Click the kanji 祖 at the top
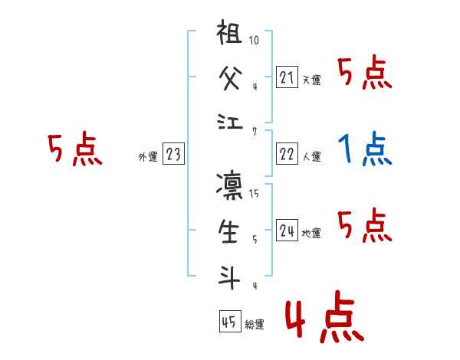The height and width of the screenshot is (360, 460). tap(230, 35)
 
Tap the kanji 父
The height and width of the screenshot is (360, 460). tap(230, 78)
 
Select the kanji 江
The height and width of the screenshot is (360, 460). tap(230, 121)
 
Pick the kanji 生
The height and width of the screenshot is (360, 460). tap(230, 231)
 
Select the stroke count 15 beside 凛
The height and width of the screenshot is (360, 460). tap(255, 194)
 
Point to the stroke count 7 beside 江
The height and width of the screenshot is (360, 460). tap(255, 130)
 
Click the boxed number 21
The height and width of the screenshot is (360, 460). tap(287, 77)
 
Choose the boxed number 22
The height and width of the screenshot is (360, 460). tap(287, 154)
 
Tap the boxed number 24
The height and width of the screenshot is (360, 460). tap(287, 231)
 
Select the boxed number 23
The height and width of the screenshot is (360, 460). tap(173, 154)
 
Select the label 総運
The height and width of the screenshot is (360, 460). tap(255, 324)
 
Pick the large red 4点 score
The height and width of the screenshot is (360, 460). tap(323, 317)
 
